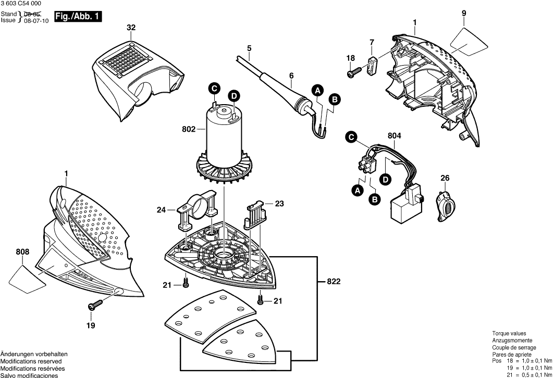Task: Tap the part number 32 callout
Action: [131, 28]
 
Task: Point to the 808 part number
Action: [22, 253]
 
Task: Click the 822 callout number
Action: [334, 282]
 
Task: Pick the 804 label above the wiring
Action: [395, 136]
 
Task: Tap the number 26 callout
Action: [445, 179]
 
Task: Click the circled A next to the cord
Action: [317, 91]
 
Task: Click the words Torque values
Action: [509, 333]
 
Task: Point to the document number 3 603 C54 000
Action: [22, 4]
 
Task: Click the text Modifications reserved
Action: [31, 361]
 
